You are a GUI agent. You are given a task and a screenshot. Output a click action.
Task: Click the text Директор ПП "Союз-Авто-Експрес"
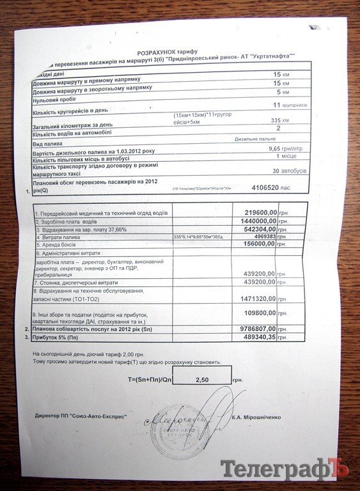point(81,416)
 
